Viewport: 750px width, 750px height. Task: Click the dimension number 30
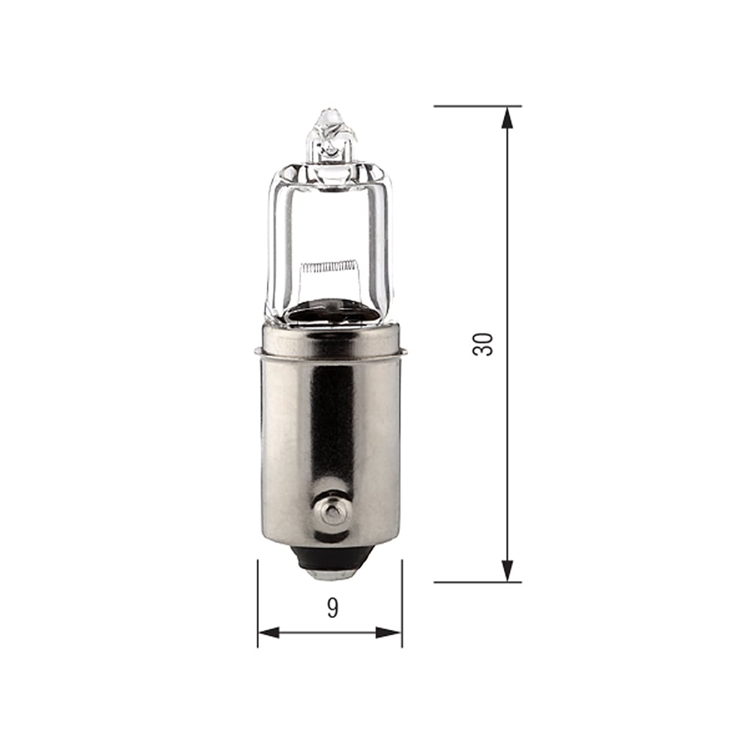[484, 343]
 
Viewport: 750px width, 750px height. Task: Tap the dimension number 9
[332, 608]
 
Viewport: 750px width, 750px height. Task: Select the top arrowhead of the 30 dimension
[508, 116]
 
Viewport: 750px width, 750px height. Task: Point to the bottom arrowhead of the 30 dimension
[508, 571]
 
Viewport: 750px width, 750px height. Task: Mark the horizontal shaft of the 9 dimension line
[330, 632]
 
